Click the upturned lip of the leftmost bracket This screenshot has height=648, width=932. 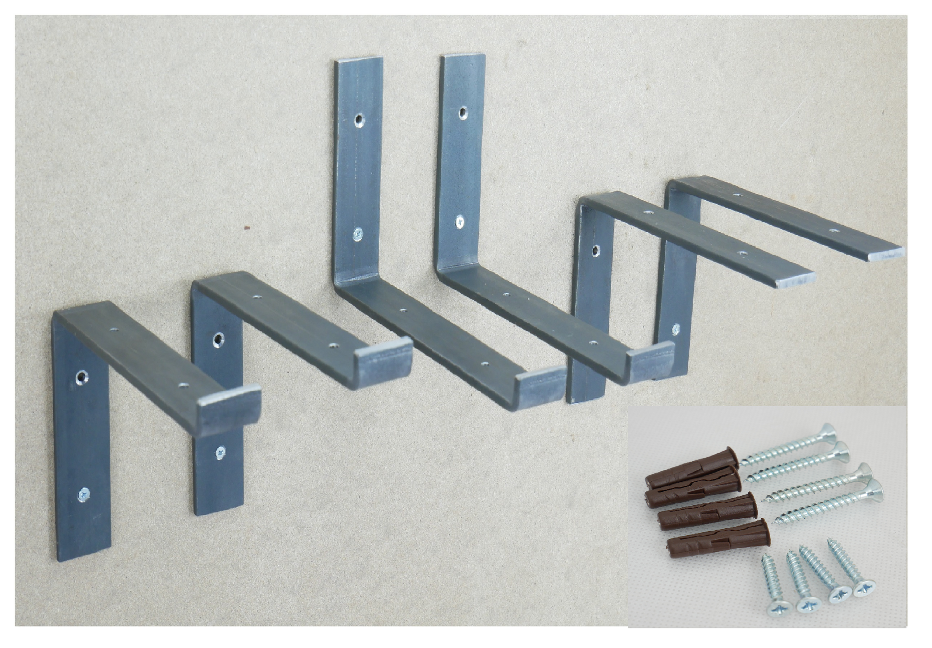pos(228,411)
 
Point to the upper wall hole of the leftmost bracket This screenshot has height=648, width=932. pos(82,377)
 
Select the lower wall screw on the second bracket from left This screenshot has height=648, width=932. pos(220,452)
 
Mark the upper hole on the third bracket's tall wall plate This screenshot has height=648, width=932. pos(359,120)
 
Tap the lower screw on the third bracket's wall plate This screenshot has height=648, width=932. pos(358,234)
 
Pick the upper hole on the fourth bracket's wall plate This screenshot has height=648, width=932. pos(462,113)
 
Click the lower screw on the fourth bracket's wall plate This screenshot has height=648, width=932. pos(459,222)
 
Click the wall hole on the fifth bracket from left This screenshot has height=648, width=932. pos(596,250)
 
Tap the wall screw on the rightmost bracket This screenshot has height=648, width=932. pos(675,329)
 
